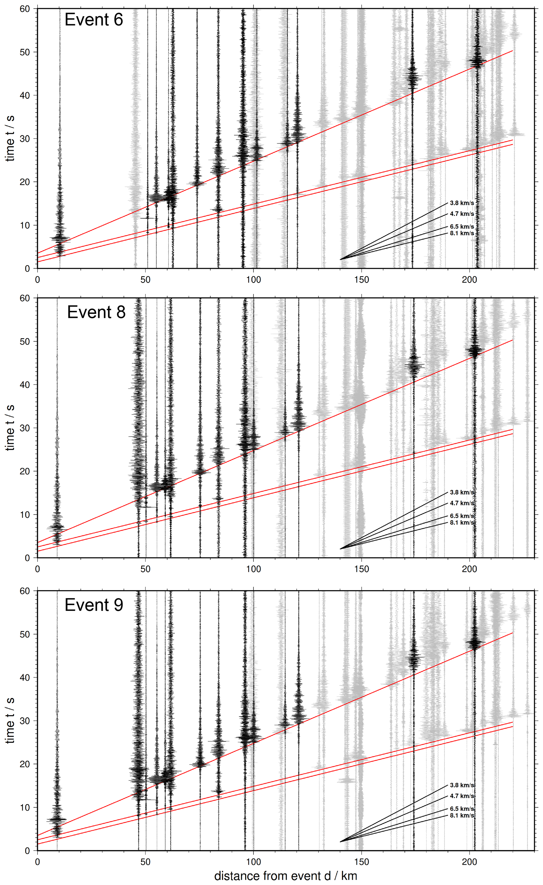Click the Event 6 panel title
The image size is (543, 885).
point(94,20)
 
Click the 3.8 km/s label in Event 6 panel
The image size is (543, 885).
point(462,203)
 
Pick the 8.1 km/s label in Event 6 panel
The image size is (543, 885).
point(462,233)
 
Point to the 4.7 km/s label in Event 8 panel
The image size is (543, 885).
point(462,503)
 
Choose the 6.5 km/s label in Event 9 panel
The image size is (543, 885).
point(462,809)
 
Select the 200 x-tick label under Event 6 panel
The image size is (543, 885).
point(469,279)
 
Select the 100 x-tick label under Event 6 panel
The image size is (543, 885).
point(254,279)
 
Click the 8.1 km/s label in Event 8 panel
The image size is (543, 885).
point(462,523)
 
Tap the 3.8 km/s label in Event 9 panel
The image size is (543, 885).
point(462,785)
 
